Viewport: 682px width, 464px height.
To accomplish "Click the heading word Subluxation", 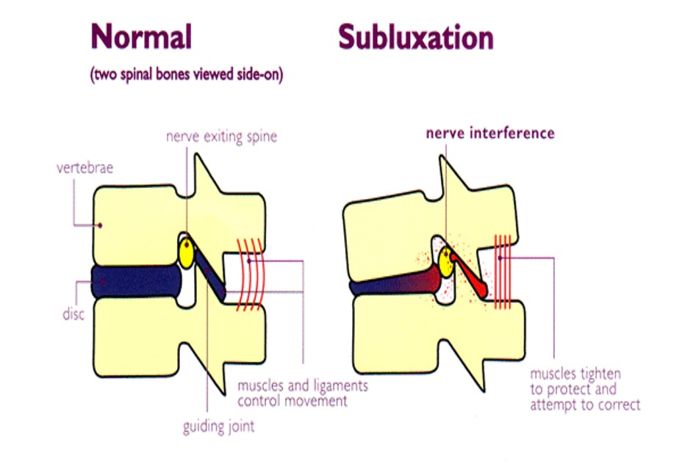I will pos(415,37).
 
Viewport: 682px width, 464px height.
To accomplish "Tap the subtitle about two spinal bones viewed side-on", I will pos(187,75).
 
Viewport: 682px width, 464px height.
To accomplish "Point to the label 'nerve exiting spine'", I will pos(221,137).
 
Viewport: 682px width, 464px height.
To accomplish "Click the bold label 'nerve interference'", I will pos(489,134).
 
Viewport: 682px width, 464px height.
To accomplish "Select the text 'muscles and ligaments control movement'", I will pos(302,394).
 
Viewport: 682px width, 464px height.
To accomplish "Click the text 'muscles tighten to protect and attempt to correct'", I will pos(584,390).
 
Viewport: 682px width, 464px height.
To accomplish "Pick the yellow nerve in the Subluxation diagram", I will pos(447,258).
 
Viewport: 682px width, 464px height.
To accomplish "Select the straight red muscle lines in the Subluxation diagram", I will pos(503,270).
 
